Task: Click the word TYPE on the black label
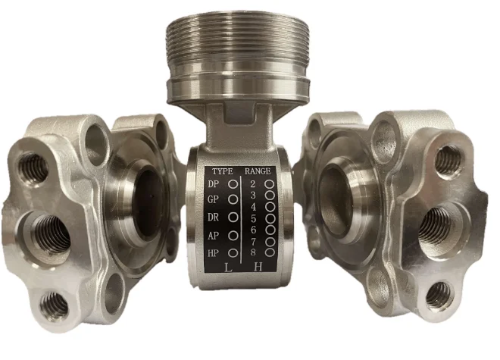click(x=223, y=171)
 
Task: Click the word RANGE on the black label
click(x=258, y=171)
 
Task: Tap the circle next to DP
click(x=233, y=184)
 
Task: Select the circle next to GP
click(x=233, y=199)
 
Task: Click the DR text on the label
click(x=214, y=218)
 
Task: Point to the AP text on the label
click(x=214, y=236)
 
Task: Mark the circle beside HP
click(x=233, y=253)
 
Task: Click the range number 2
click(x=253, y=184)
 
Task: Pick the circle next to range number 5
click(x=270, y=218)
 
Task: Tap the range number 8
click(x=253, y=252)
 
